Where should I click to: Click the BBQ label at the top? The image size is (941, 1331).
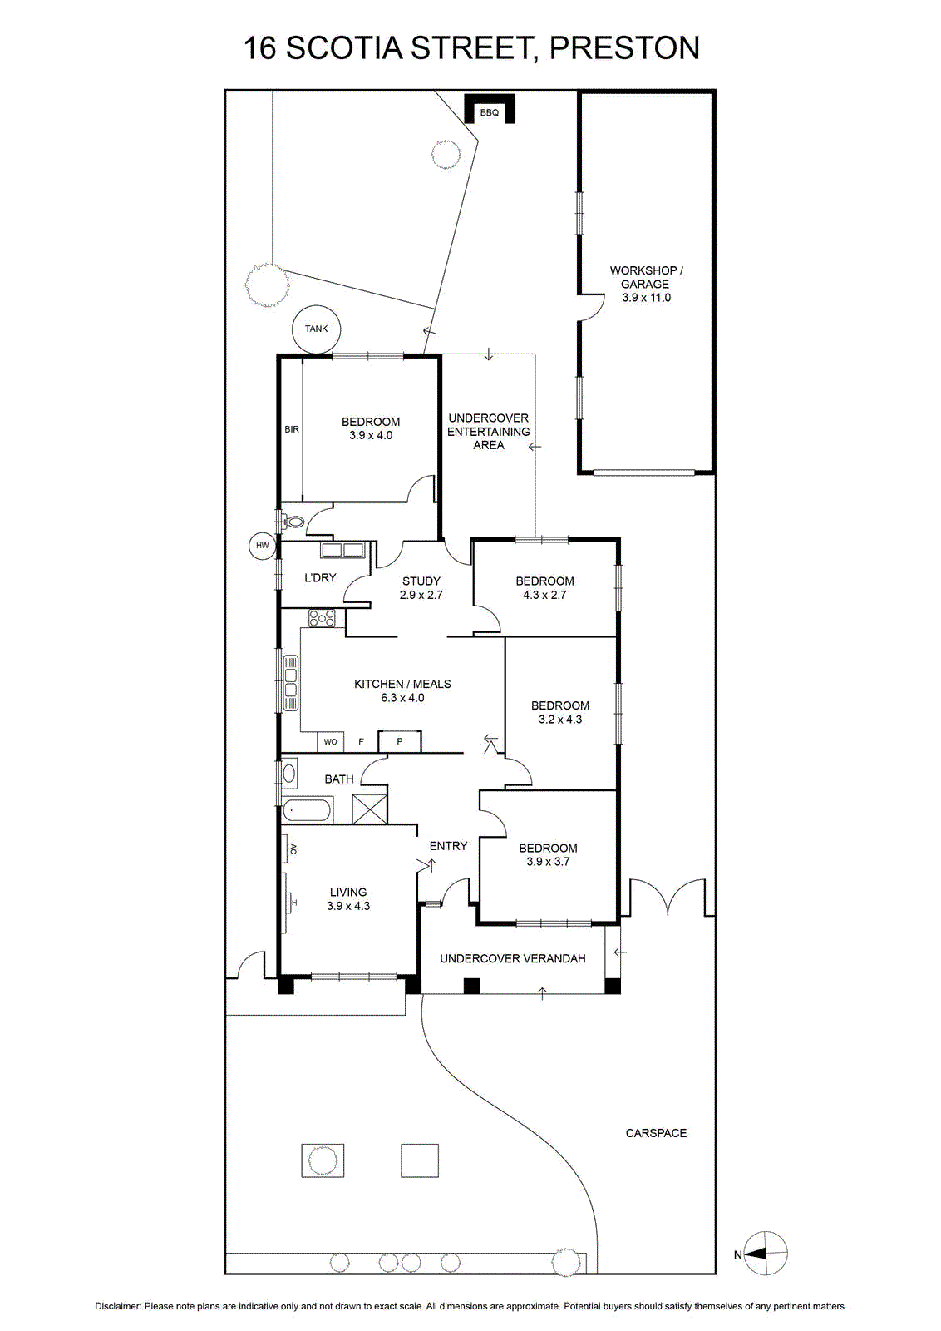489,112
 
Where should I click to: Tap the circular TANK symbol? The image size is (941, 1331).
316,329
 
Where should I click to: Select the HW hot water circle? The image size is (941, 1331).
263,546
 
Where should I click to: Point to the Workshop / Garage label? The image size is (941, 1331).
646,277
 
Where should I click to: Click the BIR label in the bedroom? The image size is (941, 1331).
292,429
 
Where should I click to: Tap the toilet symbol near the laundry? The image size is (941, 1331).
294,522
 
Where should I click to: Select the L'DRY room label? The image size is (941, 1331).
320,577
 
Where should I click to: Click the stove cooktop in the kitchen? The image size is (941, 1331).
322,618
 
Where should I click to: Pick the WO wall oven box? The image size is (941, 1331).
330,741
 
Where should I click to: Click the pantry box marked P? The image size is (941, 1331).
400,741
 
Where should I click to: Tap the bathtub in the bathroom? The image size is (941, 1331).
308,809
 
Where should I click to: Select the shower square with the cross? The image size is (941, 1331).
369,809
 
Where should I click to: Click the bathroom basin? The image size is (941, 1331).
289,773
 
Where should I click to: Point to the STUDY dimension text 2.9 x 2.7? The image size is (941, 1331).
421,595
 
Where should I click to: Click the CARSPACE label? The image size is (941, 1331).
656,1133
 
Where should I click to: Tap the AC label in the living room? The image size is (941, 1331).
293,849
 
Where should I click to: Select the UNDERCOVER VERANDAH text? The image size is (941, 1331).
512,958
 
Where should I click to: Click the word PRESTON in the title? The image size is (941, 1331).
624,48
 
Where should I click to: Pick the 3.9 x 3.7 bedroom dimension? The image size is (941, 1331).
548,862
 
